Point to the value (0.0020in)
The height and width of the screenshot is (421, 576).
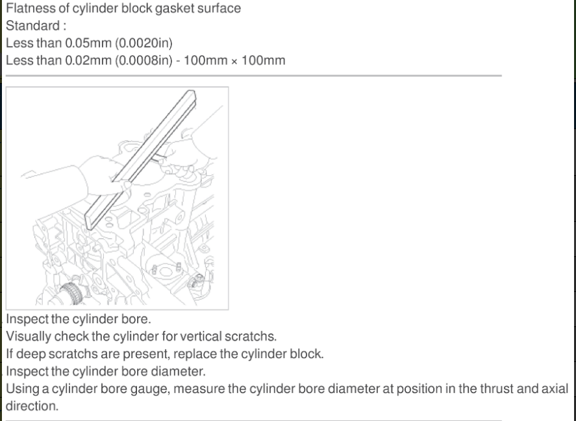pos(144,43)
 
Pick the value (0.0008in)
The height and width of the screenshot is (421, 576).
pos(144,60)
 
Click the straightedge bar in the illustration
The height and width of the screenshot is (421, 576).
pos(140,160)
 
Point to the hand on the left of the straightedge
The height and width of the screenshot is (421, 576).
pos(103,176)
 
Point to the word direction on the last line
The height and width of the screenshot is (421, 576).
pos(32,406)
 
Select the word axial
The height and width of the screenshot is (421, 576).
pos(555,389)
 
